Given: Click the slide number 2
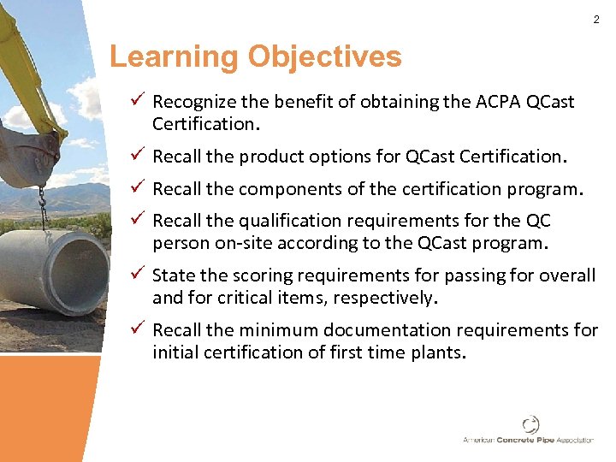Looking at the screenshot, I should [596, 19].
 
